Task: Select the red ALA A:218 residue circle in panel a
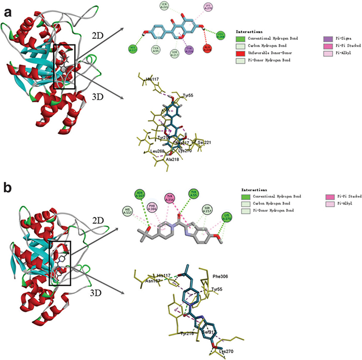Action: point(207,49)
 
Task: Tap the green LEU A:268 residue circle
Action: point(221,36)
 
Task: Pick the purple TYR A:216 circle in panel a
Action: point(189,50)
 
